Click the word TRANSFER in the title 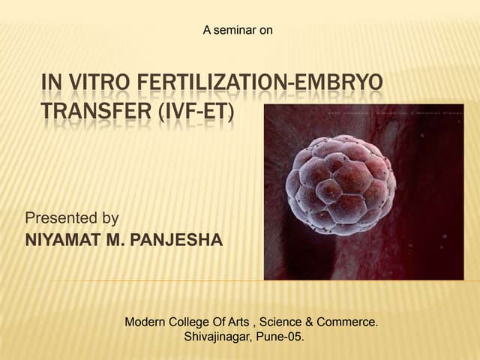point(90,112)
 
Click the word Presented point(62,218)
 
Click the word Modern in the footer point(145,322)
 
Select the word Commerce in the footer point(346,322)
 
